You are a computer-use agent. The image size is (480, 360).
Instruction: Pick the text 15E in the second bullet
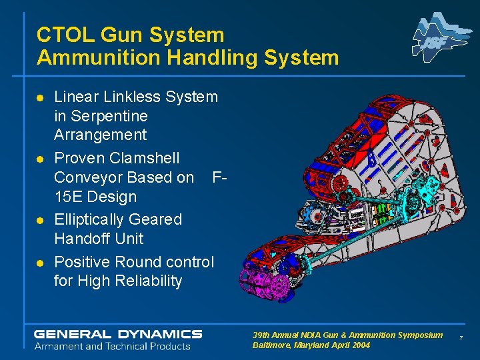coord(69,197)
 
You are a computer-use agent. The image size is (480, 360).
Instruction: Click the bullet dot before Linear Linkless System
coord(41,98)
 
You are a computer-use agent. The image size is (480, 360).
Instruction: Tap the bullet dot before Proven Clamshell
coord(41,159)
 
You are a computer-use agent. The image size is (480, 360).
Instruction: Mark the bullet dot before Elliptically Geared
coord(41,221)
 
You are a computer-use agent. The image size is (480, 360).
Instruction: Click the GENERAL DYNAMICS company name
coord(118,333)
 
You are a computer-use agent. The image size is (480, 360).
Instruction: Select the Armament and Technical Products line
coord(112,346)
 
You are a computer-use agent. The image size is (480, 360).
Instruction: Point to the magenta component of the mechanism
coord(271,284)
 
